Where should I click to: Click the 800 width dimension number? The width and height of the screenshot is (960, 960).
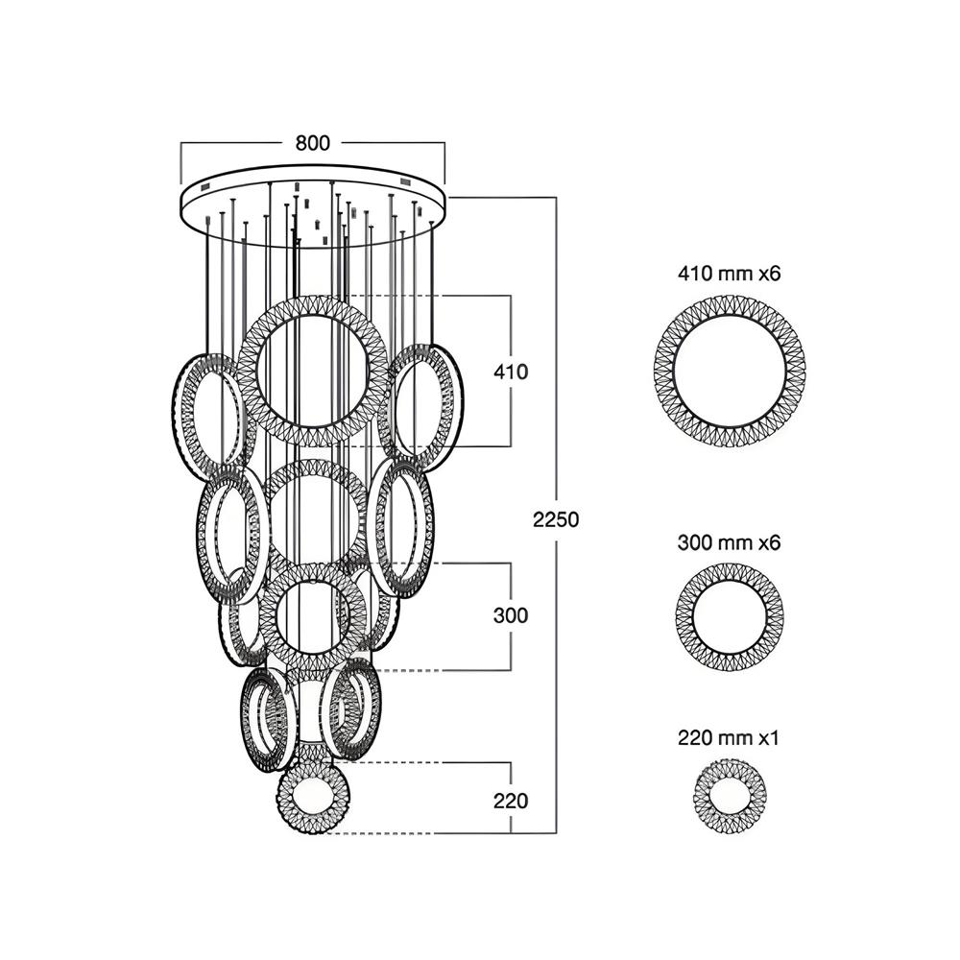(313, 143)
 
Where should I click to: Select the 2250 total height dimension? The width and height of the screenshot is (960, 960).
(556, 519)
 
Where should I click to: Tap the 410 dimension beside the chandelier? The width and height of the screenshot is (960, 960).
(510, 372)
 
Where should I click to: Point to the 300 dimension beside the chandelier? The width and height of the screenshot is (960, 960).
(510, 615)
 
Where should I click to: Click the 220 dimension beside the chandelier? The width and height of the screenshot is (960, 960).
(510, 799)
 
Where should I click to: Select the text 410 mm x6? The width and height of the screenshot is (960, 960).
(730, 274)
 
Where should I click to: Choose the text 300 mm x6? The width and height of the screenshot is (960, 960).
(730, 543)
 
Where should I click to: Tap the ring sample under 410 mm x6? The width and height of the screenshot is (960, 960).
(730, 369)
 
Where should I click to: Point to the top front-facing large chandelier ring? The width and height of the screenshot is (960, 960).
(314, 371)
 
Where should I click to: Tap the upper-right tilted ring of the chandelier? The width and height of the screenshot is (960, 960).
(423, 403)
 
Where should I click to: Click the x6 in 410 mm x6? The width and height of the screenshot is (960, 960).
(770, 274)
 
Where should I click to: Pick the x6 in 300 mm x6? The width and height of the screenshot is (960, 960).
(770, 543)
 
